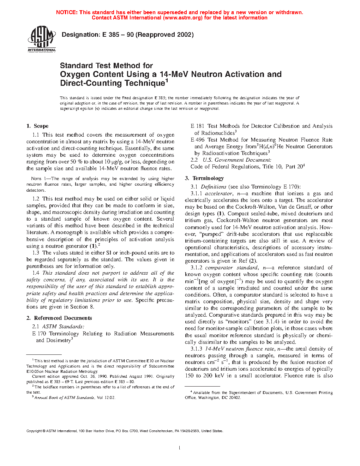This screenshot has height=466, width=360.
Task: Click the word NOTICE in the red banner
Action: [x=66, y=12]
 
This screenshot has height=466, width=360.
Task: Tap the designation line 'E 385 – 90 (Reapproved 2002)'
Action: [x=148, y=35]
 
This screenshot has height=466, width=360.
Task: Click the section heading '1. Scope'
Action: [x=37, y=126]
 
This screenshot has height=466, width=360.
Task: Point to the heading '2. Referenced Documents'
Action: [x=59, y=318]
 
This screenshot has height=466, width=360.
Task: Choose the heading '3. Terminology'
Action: [x=204, y=178]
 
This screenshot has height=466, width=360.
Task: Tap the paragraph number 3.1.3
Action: [x=196, y=349]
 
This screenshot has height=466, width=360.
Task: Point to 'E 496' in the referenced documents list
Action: [x=198, y=140]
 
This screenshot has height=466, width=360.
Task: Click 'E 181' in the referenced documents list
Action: [x=197, y=126]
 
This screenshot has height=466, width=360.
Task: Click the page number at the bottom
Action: [x=180, y=448]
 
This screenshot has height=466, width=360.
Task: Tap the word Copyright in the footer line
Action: [x=34, y=431]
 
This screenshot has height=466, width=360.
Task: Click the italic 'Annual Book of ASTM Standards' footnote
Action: [x=64, y=398]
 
